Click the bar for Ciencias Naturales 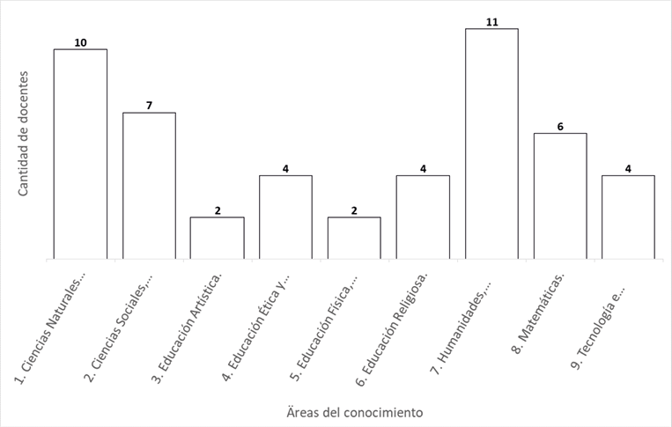pyautogui.click(x=80, y=154)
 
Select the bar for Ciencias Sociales pyautogui.click(x=149, y=186)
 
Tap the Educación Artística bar pyautogui.click(x=218, y=238)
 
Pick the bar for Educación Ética pyautogui.click(x=285, y=217)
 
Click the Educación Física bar pyautogui.click(x=354, y=238)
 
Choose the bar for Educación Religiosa pyautogui.click(x=423, y=217)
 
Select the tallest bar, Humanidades pyautogui.click(x=491, y=144)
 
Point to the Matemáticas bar pyautogui.click(x=560, y=195)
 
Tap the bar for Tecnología pyautogui.click(x=628, y=217)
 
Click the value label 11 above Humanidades pyautogui.click(x=491, y=22)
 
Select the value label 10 pyautogui.click(x=80, y=42)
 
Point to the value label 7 pyautogui.click(x=149, y=106)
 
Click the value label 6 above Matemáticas pyautogui.click(x=560, y=127)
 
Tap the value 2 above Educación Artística pyautogui.click(x=218, y=210)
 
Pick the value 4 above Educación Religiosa pyautogui.click(x=423, y=168)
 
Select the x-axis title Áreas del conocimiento pyautogui.click(x=355, y=411)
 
